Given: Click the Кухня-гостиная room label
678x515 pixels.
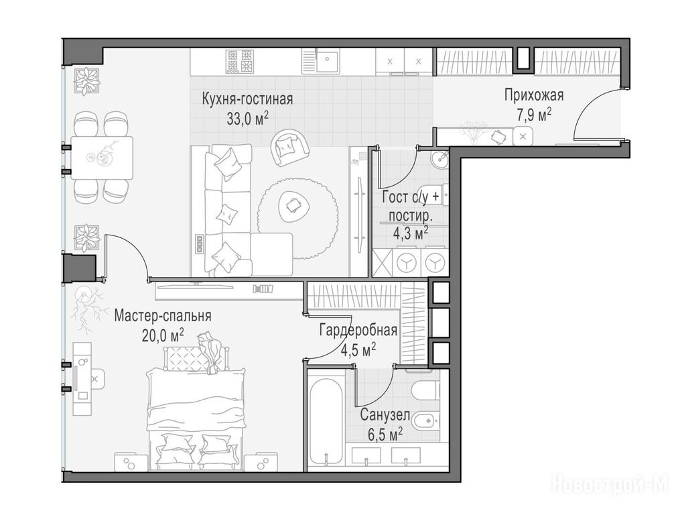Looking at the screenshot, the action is click(x=247, y=99).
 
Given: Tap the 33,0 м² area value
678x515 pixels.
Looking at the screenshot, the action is click(x=248, y=118).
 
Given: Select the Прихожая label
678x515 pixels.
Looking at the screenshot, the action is click(x=534, y=95).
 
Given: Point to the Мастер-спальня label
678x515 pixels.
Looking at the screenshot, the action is click(x=163, y=316).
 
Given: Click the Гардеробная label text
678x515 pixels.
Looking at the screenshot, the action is click(x=358, y=331).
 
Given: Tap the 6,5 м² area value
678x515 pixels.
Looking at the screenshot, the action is click(x=385, y=434).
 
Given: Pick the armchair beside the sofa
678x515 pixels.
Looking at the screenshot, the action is click(x=289, y=148).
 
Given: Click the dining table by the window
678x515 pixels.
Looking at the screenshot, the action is click(x=102, y=158).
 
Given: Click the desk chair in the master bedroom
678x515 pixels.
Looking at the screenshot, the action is click(x=98, y=379).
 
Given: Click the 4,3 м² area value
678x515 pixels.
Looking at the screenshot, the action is click(x=410, y=234).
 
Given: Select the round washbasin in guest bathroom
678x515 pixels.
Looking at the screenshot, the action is click(x=440, y=159).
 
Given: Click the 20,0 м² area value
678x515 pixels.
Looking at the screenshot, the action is click(x=163, y=335).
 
